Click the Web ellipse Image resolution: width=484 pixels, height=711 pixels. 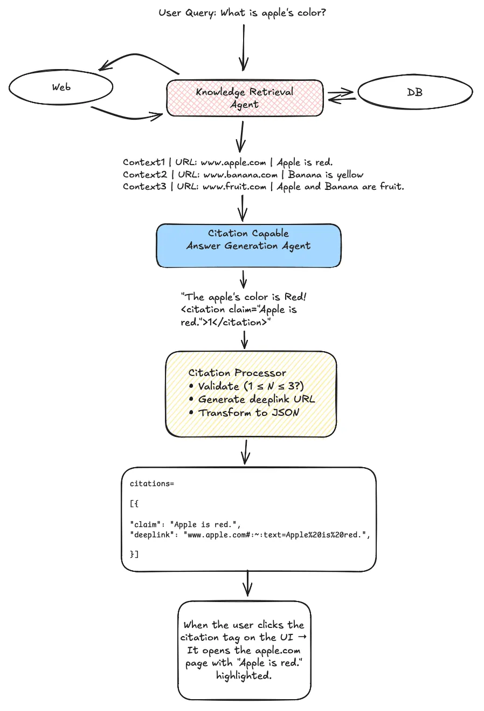pos(61,87)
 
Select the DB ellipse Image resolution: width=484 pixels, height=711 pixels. pos(415,92)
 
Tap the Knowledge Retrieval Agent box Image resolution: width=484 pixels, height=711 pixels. pos(245,98)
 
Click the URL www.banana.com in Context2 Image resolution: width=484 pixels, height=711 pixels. pos(240,175)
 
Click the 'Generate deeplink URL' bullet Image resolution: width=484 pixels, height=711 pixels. pos(256,399)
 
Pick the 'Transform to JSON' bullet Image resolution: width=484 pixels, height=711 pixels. pos(248,413)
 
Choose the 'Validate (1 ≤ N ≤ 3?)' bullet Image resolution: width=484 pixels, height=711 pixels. pos(251,386)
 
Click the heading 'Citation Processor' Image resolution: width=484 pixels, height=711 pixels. pos(237,373)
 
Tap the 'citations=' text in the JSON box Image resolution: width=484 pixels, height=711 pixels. pos(152,484)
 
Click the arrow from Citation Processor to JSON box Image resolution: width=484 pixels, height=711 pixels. pos(245,452)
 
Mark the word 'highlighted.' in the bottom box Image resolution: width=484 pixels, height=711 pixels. pos(244,675)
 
